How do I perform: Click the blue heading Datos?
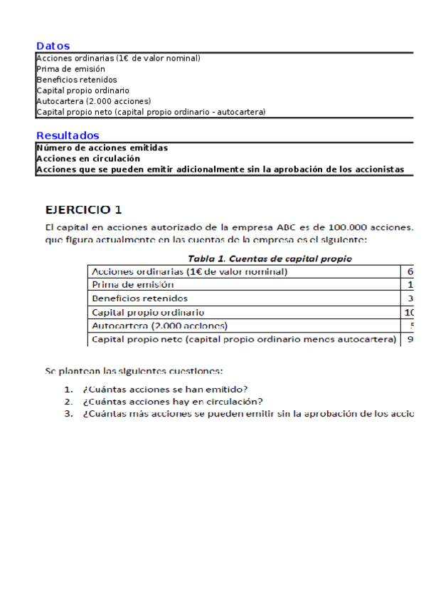[53, 46]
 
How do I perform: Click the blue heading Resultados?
[68, 135]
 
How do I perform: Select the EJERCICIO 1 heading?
[84, 209]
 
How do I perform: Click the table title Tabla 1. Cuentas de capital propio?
[270, 259]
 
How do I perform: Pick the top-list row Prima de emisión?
[65, 69]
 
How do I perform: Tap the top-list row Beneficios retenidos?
[76, 80]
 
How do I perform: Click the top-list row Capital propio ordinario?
[82, 90]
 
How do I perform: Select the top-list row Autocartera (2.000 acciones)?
[93, 101]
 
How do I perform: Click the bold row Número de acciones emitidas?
[102, 147]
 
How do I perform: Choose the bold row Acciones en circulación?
[87, 158]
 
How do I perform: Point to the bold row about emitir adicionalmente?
[220, 170]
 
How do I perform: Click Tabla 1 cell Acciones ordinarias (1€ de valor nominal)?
[190, 271]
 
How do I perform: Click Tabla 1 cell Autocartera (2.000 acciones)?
[160, 326]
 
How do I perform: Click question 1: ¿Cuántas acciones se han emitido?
[165, 389]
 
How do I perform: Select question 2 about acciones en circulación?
[173, 401]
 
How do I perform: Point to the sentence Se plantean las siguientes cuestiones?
[134, 371]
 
